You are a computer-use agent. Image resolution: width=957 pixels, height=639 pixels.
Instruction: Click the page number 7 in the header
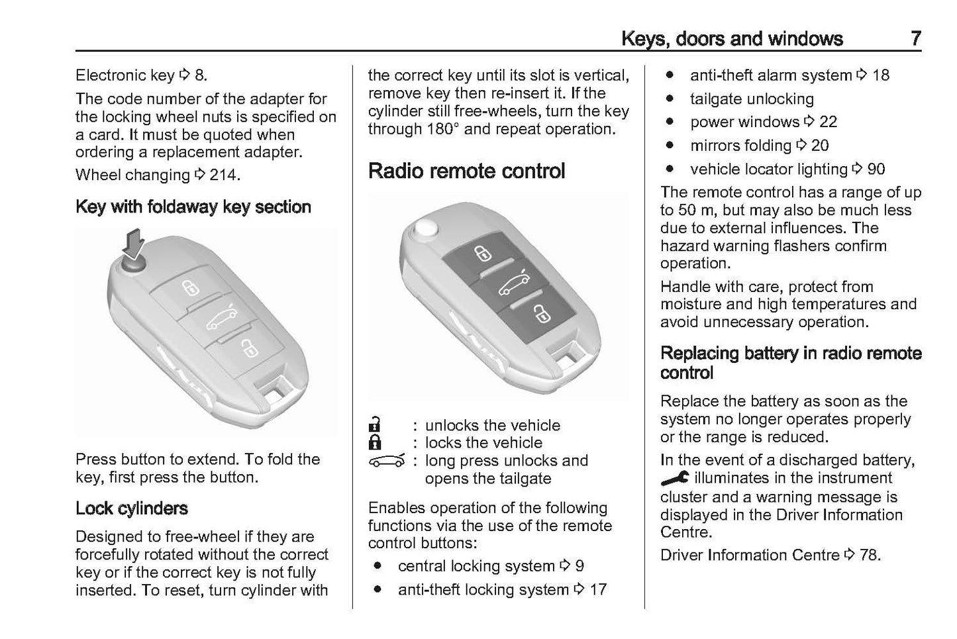pos(915,38)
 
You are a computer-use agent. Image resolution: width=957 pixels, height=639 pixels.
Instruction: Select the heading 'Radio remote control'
pos(466,171)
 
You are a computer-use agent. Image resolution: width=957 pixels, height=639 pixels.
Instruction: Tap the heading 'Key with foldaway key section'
pos(193,207)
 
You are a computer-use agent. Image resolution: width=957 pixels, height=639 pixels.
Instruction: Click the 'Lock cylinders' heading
pos(132,508)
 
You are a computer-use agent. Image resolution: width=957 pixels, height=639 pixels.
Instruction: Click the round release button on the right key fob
pos(425,228)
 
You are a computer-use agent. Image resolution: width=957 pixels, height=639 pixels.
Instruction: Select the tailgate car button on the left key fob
pos(221,319)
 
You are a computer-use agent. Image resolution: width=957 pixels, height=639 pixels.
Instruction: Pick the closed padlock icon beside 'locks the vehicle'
pos(375,442)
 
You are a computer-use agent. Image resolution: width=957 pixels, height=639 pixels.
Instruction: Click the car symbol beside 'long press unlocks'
pos(385,461)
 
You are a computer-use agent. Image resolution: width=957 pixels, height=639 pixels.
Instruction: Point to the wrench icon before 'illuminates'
pos(674,477)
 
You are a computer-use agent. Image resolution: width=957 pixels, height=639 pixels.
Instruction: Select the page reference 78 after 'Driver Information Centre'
pos(869,555)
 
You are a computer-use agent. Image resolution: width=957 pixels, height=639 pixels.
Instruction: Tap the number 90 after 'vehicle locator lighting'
pos(876,170)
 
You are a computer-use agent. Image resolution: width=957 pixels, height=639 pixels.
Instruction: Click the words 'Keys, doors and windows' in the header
pos(732,38)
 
